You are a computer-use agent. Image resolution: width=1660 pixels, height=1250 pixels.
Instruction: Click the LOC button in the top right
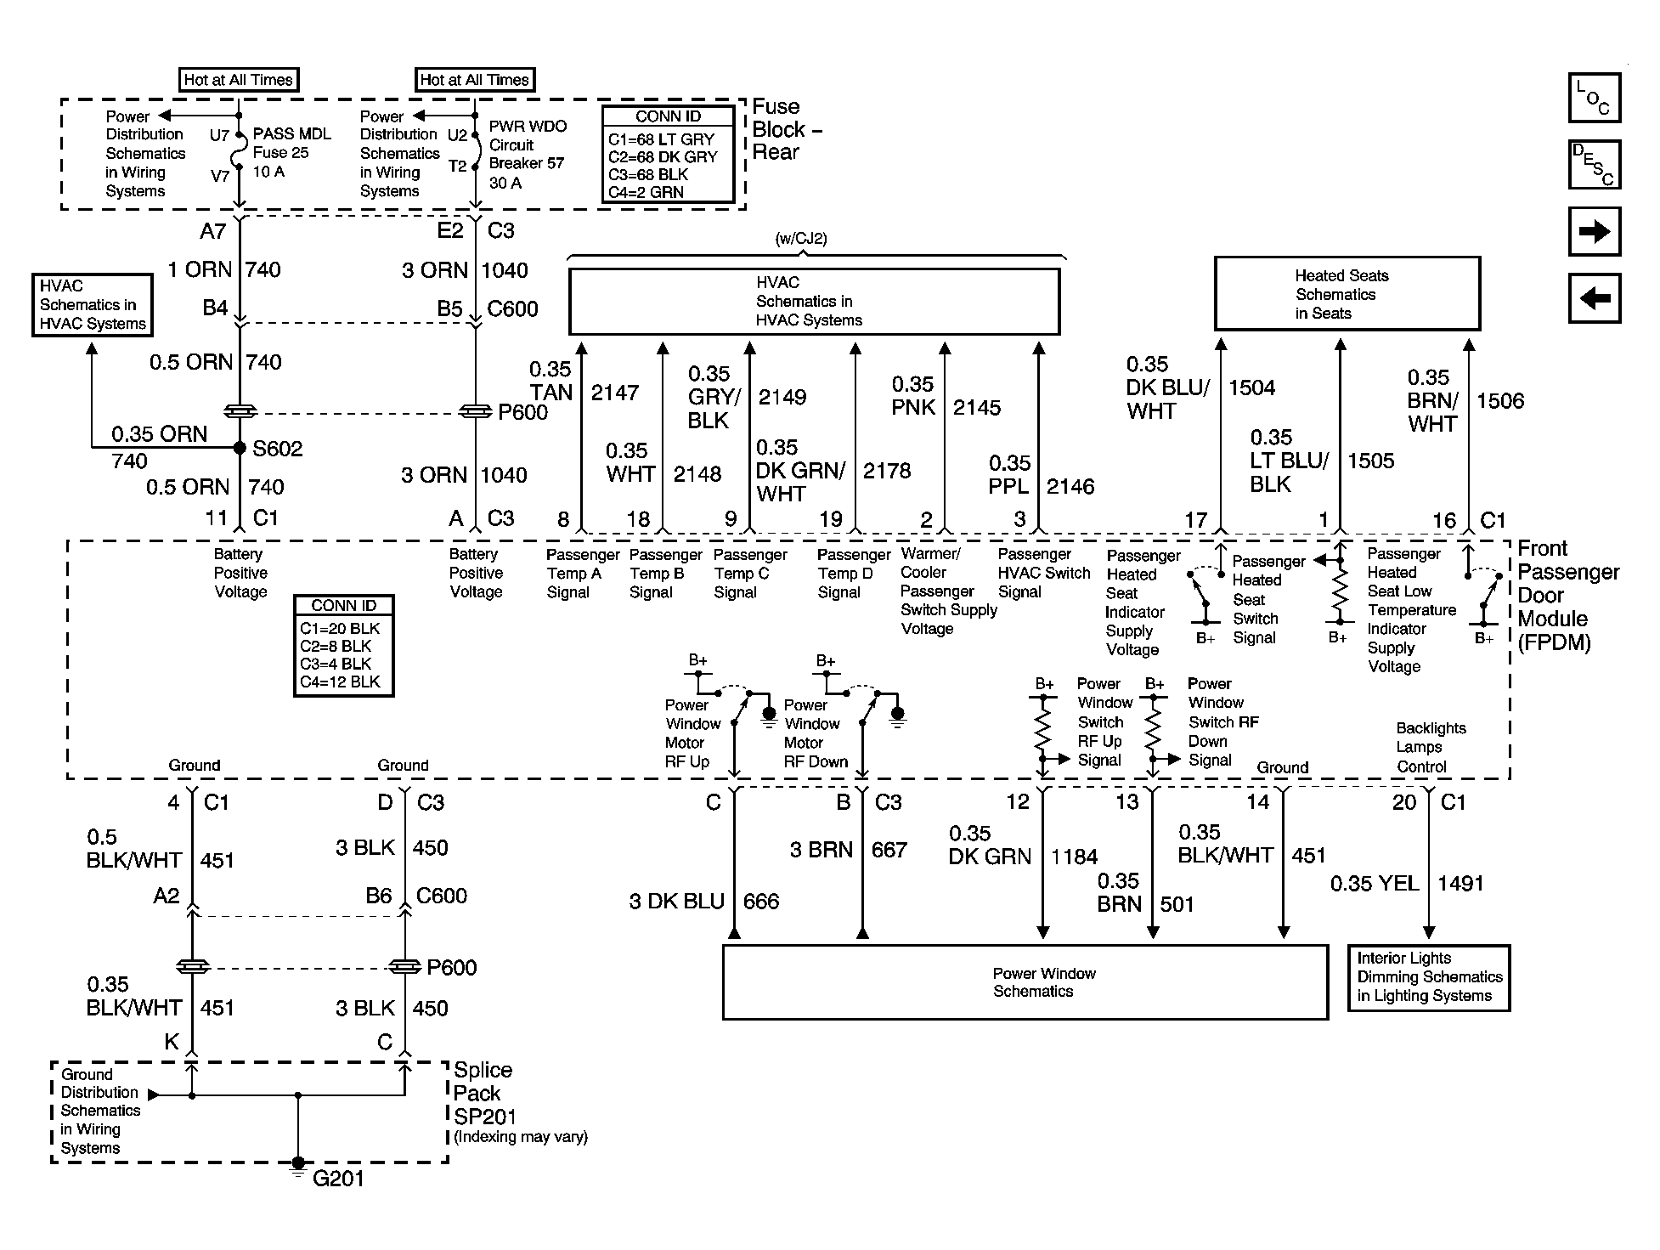tap(1594, 98)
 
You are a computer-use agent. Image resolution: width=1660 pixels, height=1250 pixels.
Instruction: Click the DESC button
tap(1594, 164)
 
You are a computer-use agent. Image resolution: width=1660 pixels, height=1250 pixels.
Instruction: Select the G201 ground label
tap(338, 1179)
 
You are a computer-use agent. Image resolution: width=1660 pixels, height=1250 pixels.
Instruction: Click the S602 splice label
tap(278, 449)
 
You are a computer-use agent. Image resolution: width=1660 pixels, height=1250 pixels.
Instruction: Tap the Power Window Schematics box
tap(1025, 982)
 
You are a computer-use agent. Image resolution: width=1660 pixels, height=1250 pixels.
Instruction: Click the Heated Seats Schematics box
tap(1347, 293)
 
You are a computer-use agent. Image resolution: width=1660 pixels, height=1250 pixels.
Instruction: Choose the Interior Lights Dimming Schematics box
tap(1429, 977)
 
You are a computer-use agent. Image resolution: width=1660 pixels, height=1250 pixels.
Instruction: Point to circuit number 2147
tap(615, 393)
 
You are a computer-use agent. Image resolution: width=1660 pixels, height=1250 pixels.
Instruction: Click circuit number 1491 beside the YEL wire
tap(1460, 884)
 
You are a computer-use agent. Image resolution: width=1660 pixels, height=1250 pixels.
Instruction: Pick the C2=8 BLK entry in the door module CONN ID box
tap(336, 646)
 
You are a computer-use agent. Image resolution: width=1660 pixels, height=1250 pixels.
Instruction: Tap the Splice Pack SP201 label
tap(484, 1093)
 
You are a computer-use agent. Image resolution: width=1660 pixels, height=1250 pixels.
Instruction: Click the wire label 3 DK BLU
tap(677, 902)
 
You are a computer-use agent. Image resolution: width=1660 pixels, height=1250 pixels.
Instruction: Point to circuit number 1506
tap(1500, 401)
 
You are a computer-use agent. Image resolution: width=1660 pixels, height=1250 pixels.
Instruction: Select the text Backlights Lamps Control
tap(1431, 748)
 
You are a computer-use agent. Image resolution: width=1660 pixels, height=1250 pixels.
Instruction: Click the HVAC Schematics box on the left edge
tap(93, 305)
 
